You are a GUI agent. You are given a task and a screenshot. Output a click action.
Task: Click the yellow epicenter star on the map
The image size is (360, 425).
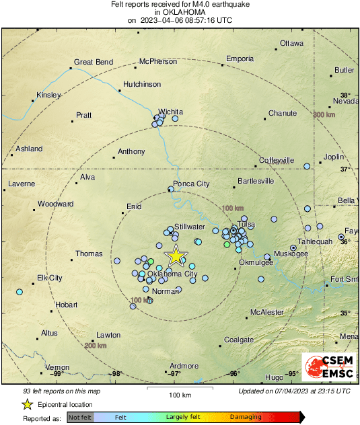pos(176,256)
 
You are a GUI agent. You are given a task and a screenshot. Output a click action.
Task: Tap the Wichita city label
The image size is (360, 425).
pos(170,112)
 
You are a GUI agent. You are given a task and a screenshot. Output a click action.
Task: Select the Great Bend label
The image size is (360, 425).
pos(93,62)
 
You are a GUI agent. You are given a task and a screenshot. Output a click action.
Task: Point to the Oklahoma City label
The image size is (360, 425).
pos(172,274)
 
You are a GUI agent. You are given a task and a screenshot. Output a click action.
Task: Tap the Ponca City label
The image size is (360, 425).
pos(192,184)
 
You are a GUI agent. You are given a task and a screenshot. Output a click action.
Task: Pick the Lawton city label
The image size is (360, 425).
pos(108,334)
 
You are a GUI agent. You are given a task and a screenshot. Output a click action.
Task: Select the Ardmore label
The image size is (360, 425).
pos(184,366)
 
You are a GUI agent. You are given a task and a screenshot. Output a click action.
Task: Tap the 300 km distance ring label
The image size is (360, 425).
pos(324,115)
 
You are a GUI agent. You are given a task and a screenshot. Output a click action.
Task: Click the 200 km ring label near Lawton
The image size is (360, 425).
pos(96,345)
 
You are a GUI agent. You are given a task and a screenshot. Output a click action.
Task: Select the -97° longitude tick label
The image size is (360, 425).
pos(174,374)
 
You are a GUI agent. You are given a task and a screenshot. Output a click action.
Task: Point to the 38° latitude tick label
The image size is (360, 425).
pos(345,95)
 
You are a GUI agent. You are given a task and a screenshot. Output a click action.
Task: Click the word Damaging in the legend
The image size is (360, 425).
pos(246,417)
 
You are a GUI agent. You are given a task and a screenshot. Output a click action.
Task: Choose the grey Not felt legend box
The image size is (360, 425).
pos(80,417)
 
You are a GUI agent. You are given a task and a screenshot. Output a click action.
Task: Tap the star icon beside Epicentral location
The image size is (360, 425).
pos(27,404)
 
